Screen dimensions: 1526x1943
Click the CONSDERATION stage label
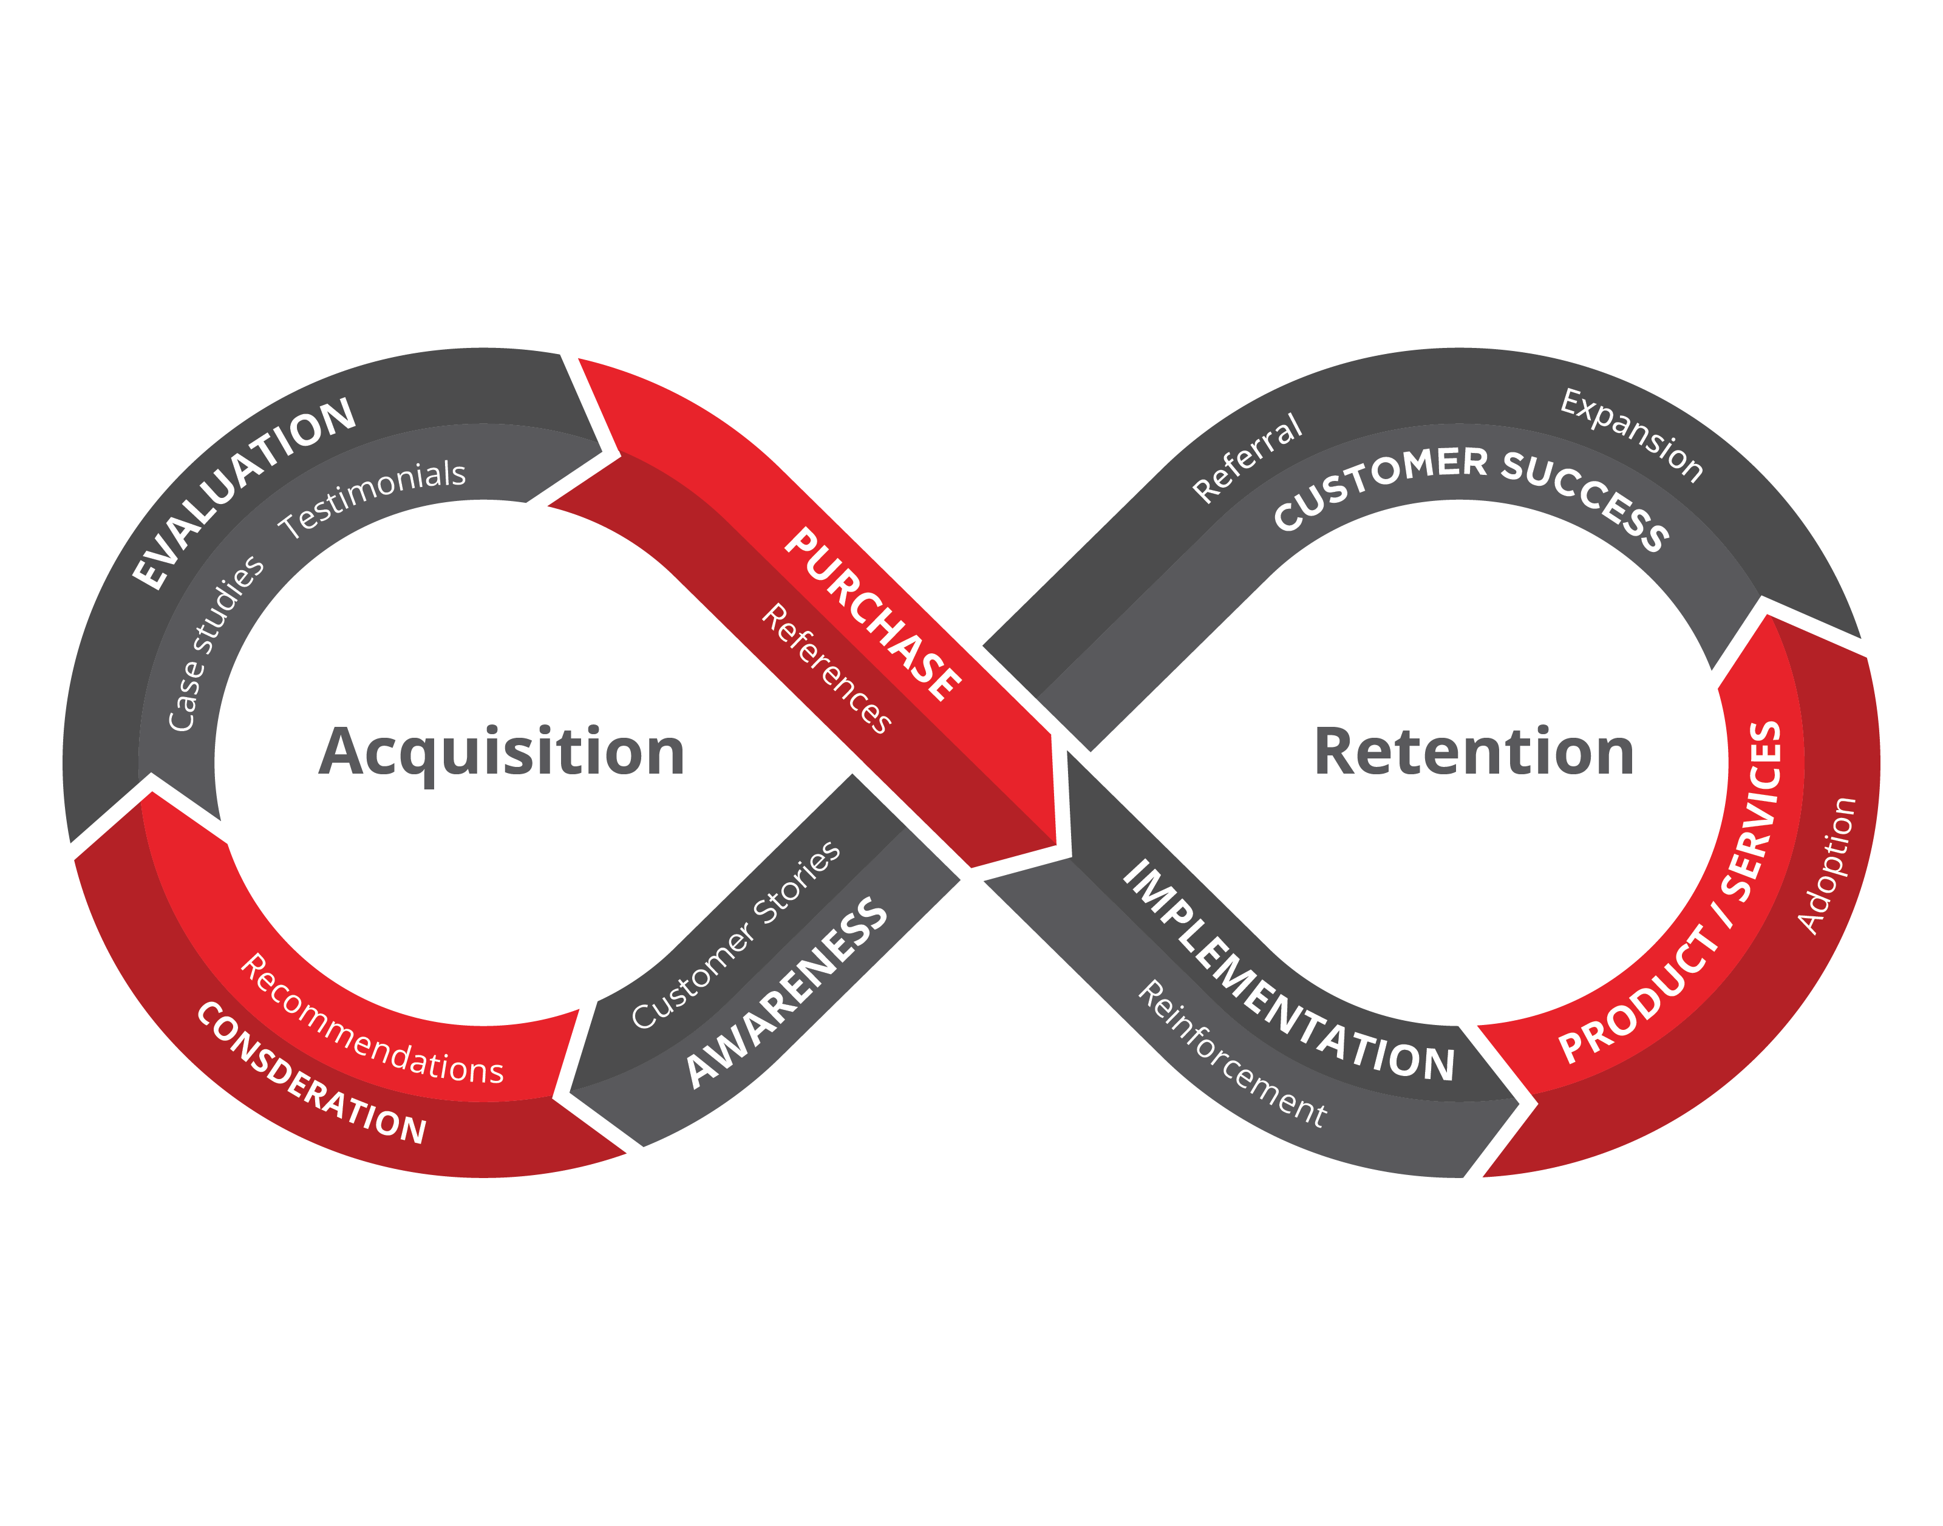click(x=311, y=1074)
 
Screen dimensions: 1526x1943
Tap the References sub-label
click(x=826, y=669)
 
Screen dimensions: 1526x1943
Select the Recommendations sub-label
click(x=372, y=1021)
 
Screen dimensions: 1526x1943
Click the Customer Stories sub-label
click(x=735, y=935)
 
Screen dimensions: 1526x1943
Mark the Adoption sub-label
click(x=1827, y=865)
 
